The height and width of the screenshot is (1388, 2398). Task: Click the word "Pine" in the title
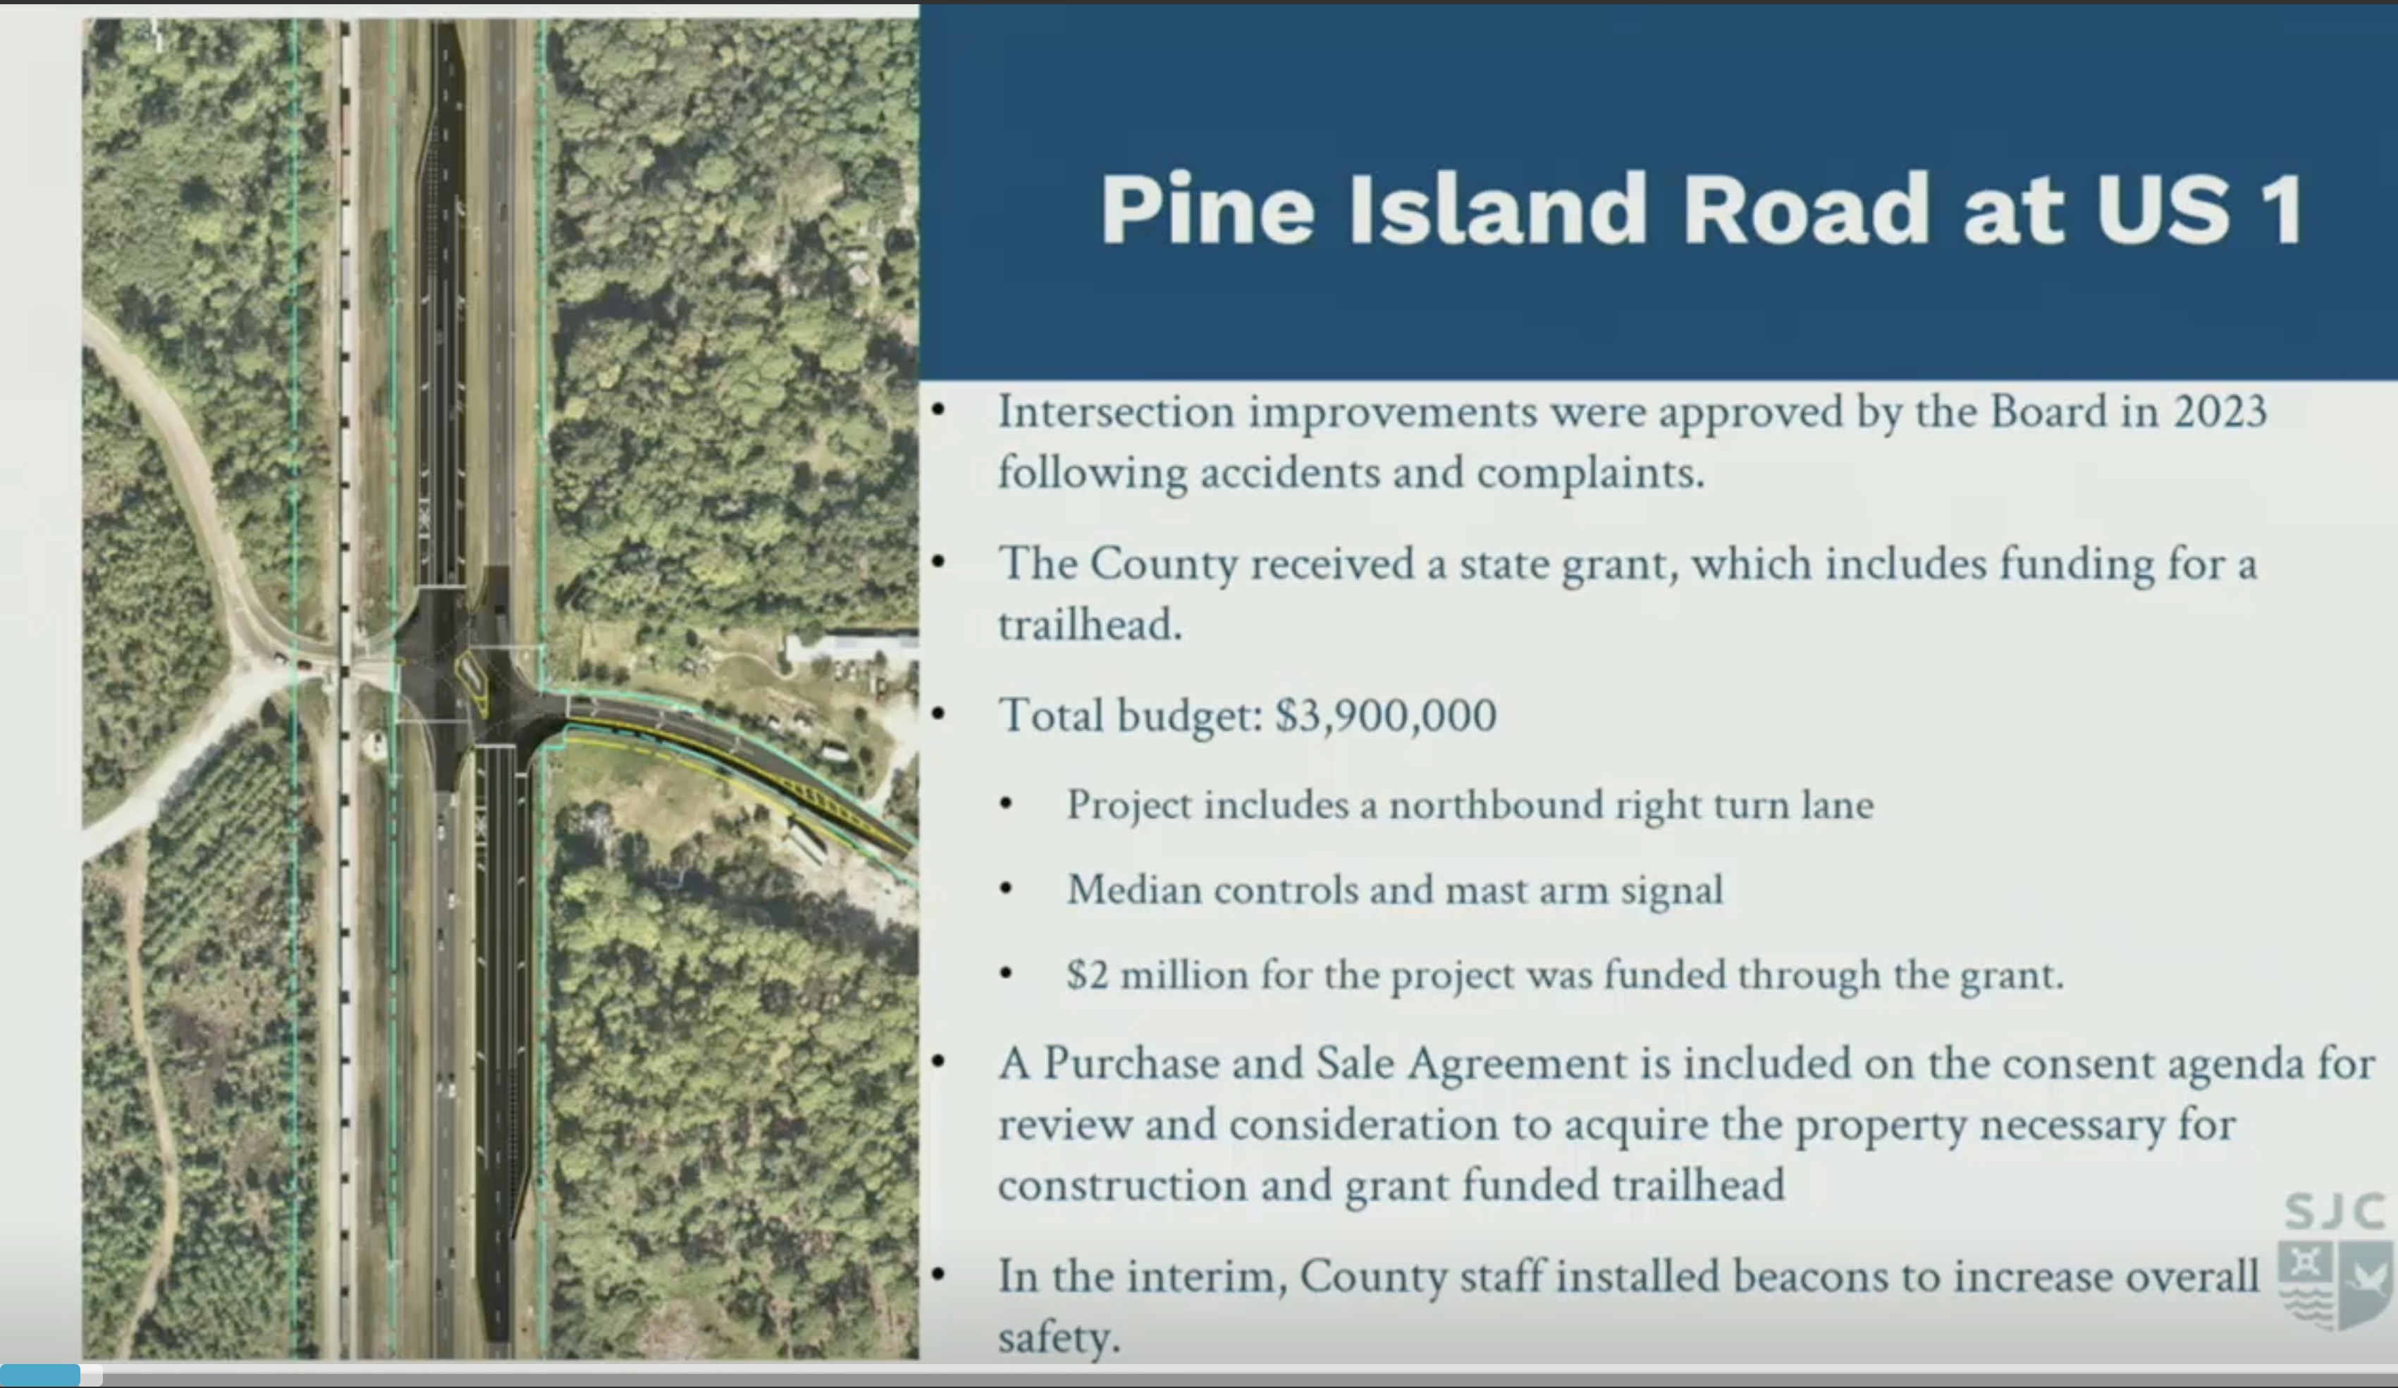tap(1207, 209)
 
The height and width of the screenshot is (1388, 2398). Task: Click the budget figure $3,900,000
tap(1386, 715)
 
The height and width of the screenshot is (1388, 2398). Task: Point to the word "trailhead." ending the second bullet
tap(1090, 625)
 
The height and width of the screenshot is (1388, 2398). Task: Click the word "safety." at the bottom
tap(1059, 1336)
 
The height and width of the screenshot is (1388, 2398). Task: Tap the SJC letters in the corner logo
tap(2335, 1212)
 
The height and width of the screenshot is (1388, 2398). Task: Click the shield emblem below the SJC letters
tap(2335, 1285)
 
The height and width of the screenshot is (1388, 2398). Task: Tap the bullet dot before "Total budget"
tap(939, 714)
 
